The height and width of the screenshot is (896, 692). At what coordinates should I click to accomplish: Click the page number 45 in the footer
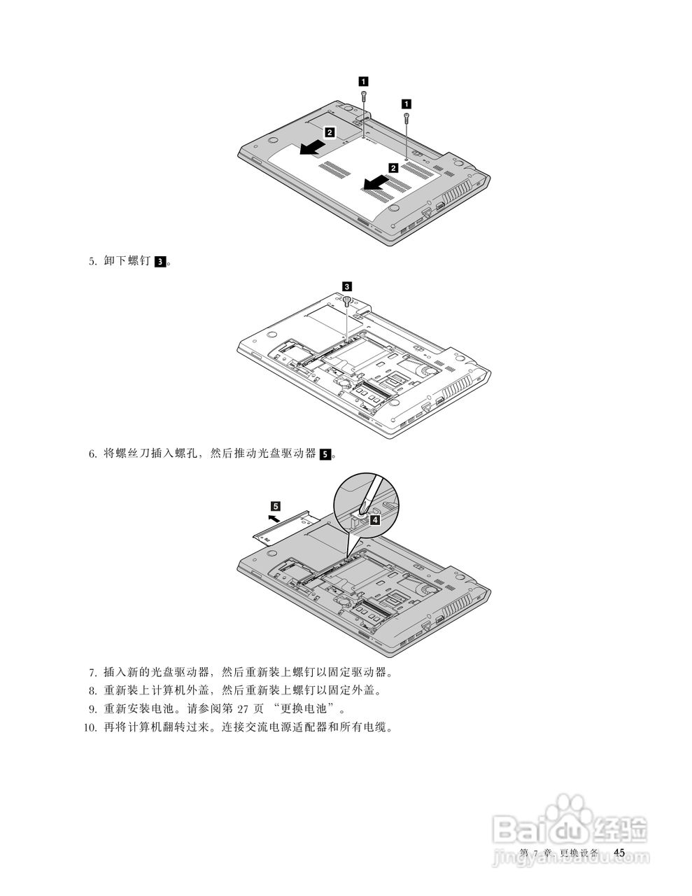[x=619, y=852]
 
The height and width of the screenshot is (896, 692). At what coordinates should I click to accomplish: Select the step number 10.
[x=90, y=727]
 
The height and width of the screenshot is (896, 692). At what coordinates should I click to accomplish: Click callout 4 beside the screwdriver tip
[x=375, y=519]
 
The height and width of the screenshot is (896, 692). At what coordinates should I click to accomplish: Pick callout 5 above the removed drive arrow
[x=276, y=505]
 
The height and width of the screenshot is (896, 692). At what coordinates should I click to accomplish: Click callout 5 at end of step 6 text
[x=325, y=454]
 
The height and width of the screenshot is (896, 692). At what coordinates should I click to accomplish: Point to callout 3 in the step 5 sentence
[x=160, y=262]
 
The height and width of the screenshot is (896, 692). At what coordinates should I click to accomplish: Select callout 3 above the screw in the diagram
[x=346, y=286]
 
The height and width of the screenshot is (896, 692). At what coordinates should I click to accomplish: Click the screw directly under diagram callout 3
[x=347, y=301]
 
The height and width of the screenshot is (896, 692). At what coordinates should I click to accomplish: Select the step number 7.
[x=92, y=673]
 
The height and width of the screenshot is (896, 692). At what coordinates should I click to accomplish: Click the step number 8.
[x=92, y=691]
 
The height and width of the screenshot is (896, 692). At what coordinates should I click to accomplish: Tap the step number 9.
[x=92, y=709]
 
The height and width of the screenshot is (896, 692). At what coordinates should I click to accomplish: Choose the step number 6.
[x=92, y=454]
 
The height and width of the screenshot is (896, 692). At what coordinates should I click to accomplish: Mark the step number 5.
[x=92, y=262]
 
